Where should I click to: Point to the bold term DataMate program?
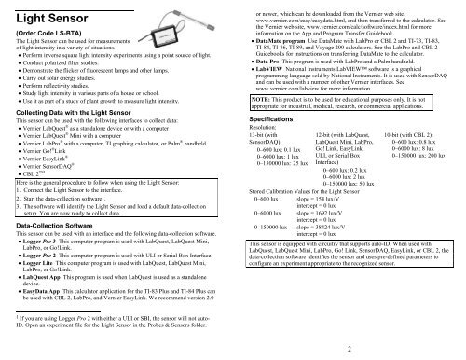[285, 42]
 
